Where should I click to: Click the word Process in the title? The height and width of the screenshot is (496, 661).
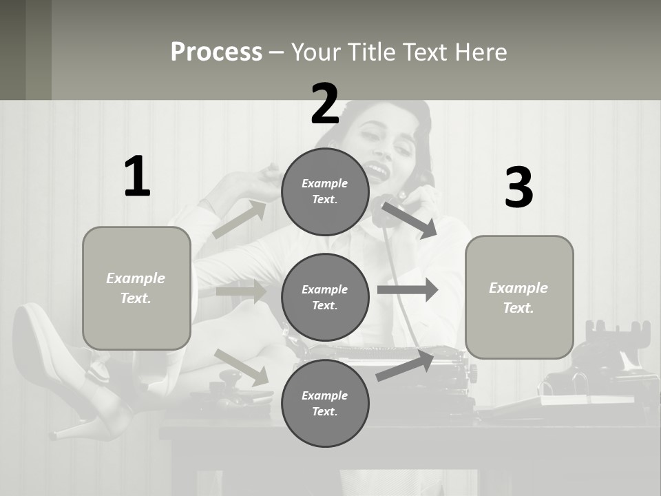tap(216, 52)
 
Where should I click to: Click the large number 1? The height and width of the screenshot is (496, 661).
tap(137, 176)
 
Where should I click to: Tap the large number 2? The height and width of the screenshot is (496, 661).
tap(325, 103)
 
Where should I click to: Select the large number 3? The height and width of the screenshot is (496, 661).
tap(518, 187)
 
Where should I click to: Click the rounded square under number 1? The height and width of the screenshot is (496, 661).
tap(136, 288)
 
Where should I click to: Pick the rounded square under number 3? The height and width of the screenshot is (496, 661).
tap(519, 297)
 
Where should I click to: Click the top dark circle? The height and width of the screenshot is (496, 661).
tap(325, 192)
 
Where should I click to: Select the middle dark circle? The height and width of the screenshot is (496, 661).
tap(325, 297)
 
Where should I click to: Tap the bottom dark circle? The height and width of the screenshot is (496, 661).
tap(325, 403)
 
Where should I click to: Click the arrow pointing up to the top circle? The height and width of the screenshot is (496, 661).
tap(240, 219)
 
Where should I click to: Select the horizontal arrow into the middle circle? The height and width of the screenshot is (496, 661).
tap(241, 291)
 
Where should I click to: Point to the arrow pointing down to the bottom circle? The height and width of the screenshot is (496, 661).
tap(241, 366)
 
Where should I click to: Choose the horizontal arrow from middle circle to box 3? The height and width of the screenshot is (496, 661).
tap(408, 290)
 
